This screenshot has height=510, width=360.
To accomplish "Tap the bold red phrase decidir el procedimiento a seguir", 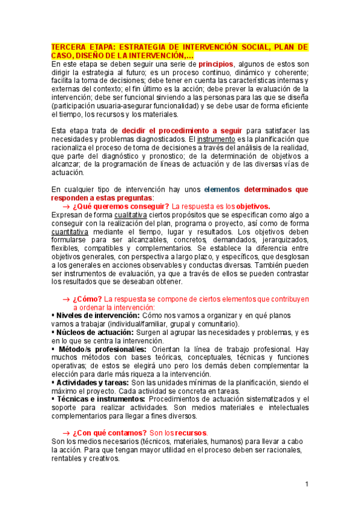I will (182, 131).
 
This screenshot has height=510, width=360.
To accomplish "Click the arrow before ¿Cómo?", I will (66, 298).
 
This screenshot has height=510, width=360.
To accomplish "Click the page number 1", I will (306, 484).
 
